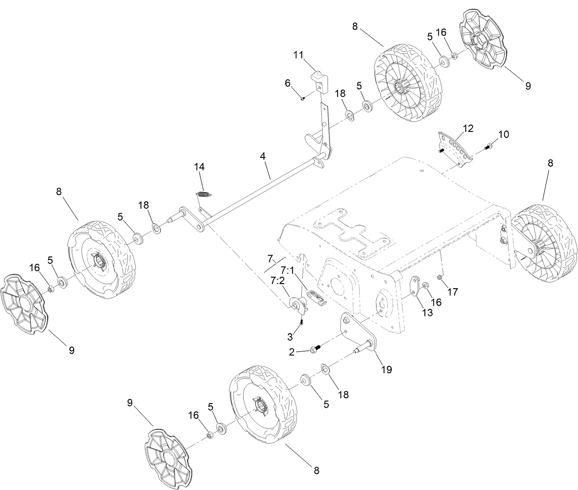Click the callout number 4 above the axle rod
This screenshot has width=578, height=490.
262,156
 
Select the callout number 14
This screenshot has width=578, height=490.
199,167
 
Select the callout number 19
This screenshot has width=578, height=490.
386,369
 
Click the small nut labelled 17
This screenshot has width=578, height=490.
440,277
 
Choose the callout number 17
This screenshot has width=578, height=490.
453,291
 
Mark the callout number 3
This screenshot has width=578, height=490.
290,337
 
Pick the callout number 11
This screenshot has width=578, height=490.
299,55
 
